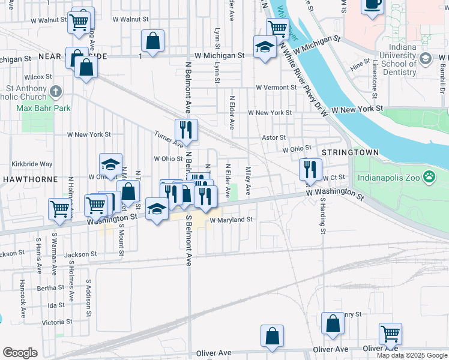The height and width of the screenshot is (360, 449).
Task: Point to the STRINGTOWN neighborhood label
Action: click(x=350, y=152)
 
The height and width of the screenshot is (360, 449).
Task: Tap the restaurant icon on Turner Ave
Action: click(x=186, y=130)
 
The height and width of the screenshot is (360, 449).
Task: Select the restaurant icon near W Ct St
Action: click(x=310, y=169)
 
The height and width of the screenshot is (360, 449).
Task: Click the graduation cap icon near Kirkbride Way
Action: click(x=111, y=164)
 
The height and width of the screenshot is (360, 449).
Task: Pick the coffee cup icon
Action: click(x=372, y=5)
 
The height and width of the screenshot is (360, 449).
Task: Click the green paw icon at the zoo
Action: click(x=429, y=177)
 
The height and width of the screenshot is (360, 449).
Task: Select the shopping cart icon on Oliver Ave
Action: click(x=390, y=334)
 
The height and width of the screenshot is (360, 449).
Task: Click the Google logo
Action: click(x=20, y=353)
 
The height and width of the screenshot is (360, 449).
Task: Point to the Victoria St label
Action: click(x=57, y=322)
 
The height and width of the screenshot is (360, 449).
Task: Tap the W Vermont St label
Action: click(x=276, y=87)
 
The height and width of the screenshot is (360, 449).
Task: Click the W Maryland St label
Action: click(x=231, y=220)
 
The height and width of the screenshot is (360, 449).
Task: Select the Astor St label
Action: click(x=274, y=137)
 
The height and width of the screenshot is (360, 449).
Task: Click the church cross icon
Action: click(x=56, y=92)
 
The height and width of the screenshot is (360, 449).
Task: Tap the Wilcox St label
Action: click(x=39, y=77)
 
